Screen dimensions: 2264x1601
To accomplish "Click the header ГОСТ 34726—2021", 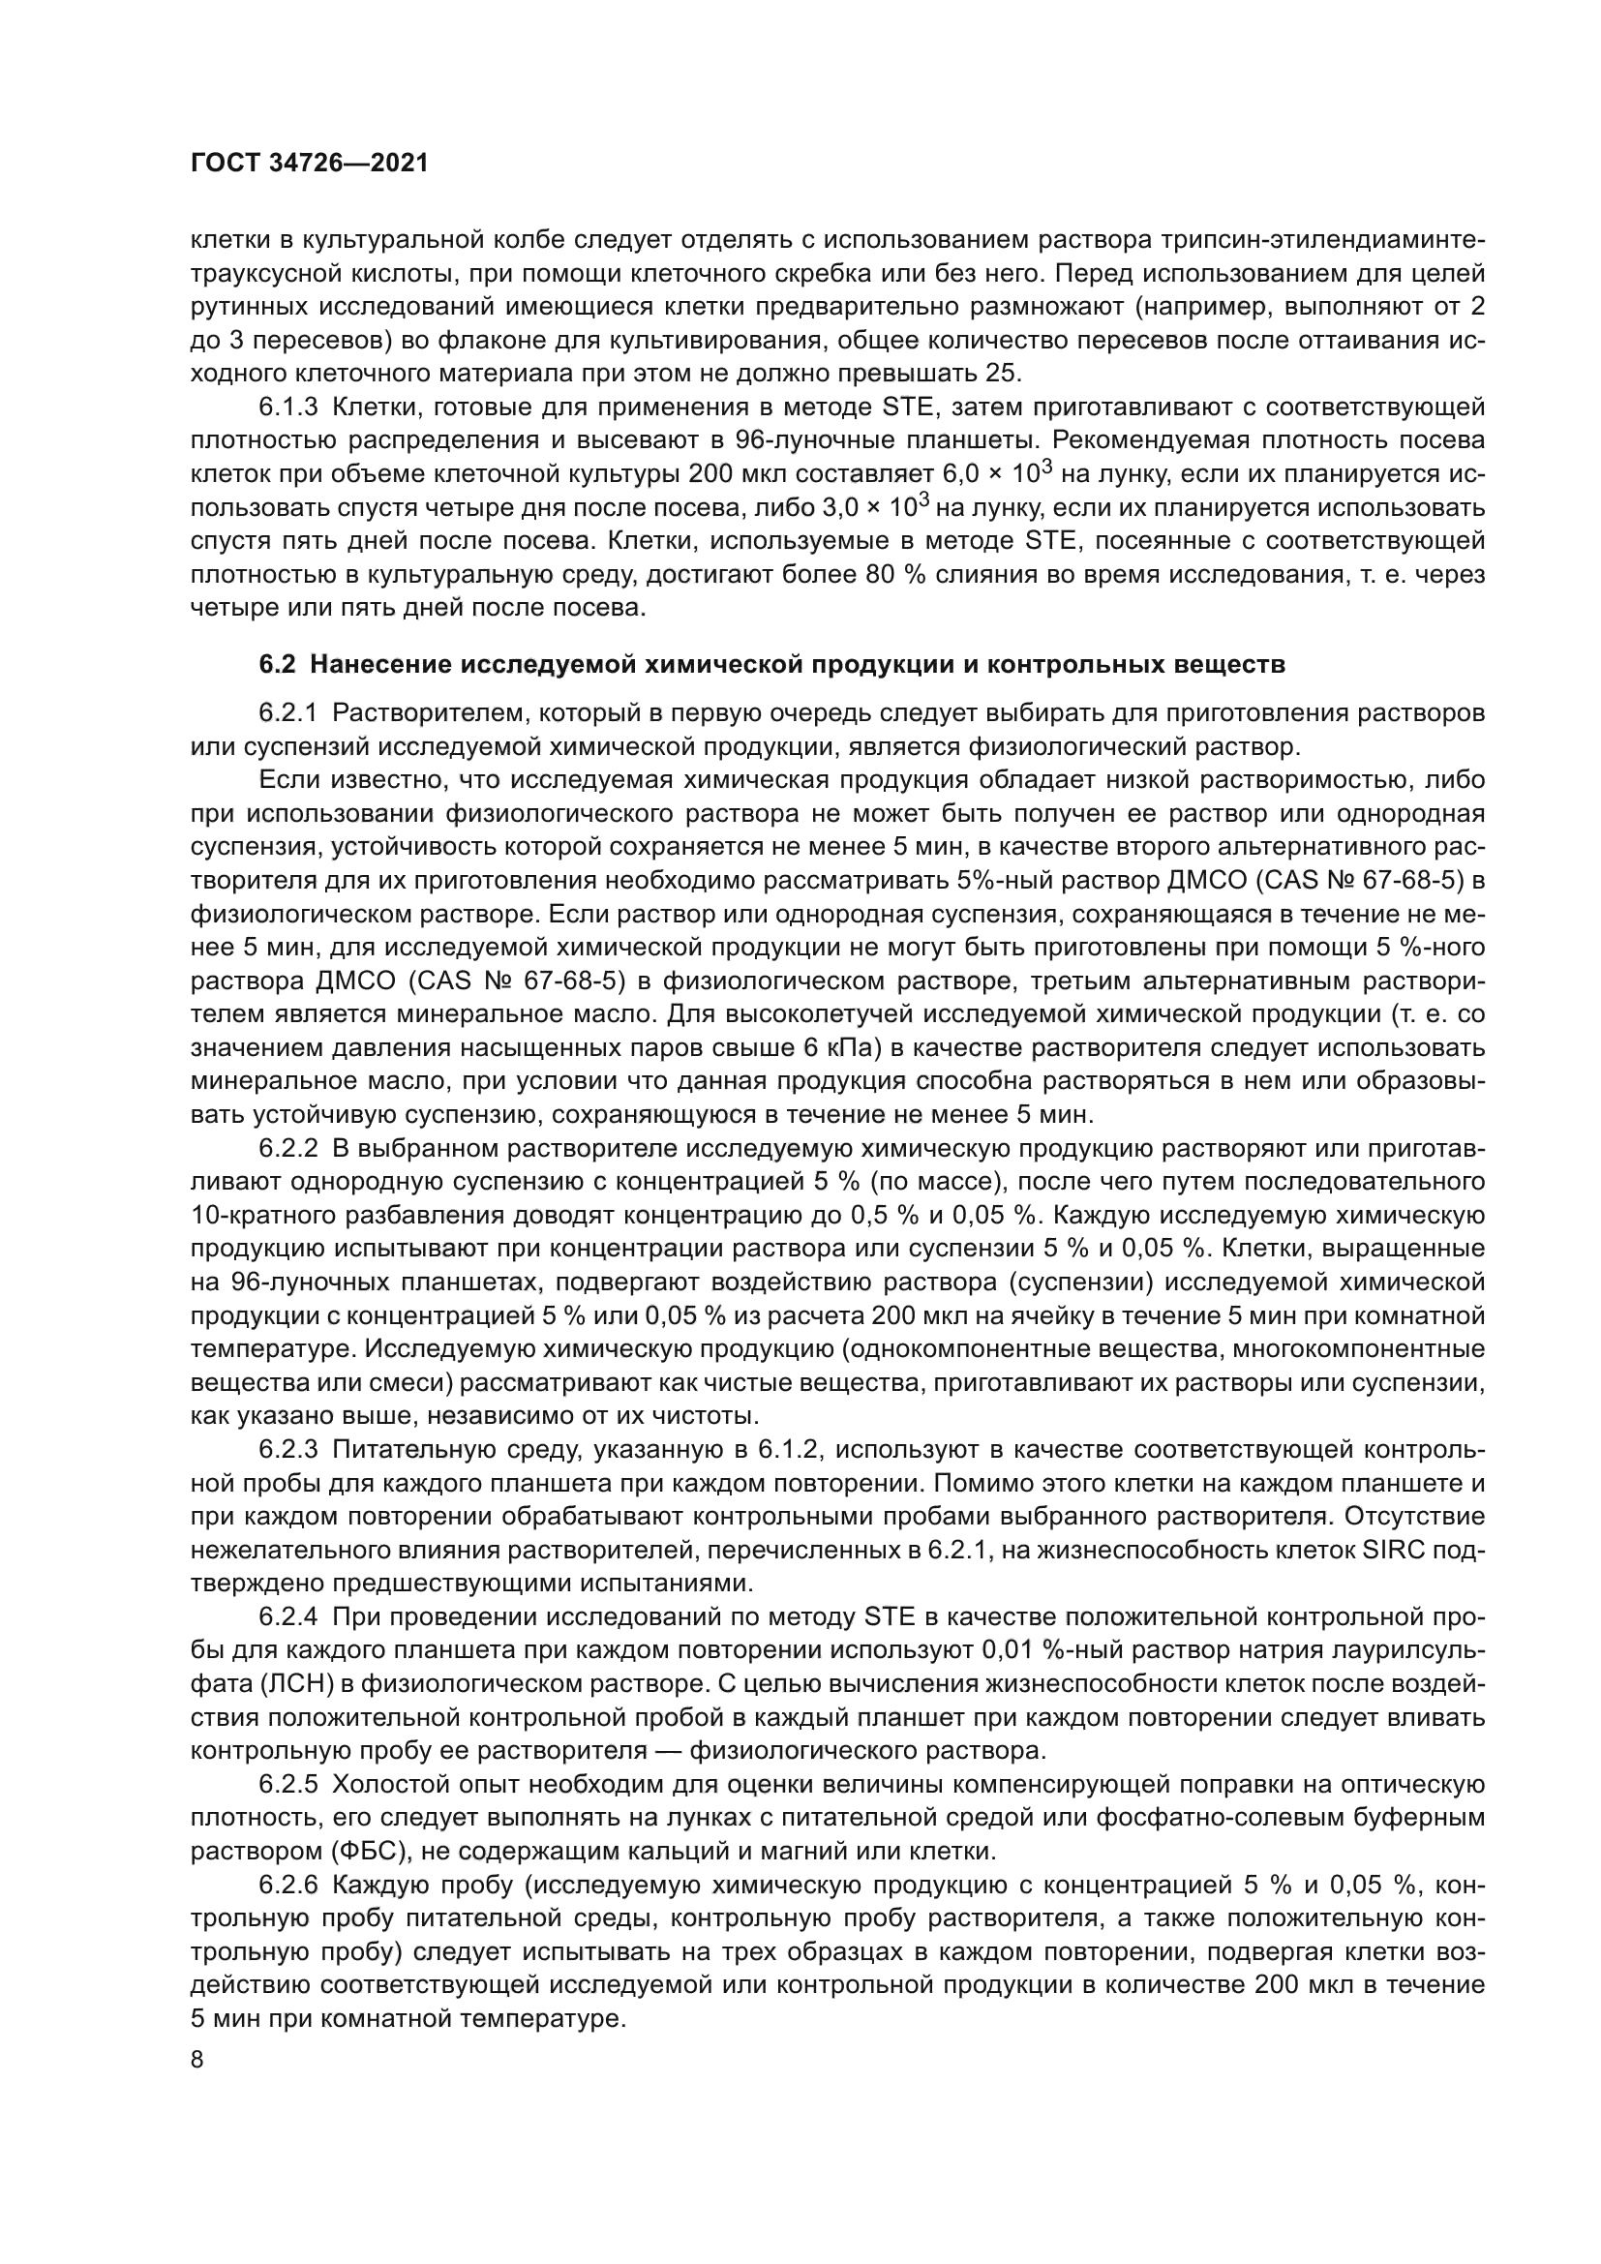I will (310, 164).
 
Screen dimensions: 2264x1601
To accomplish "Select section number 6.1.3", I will (288, 408).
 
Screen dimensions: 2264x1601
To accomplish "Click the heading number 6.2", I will (277, 665).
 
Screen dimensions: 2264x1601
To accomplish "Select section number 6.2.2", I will (288, 1149).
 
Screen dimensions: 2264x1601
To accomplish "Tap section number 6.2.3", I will (288, 1451).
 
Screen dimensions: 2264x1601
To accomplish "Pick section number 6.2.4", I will (288, 1618).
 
